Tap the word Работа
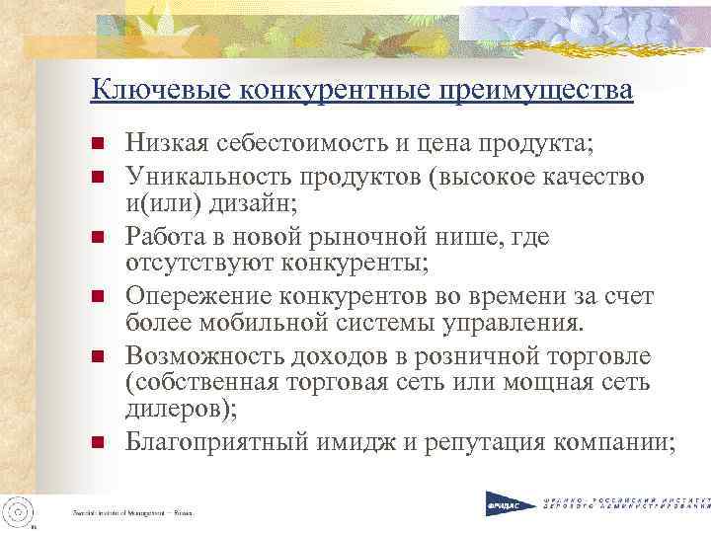point(164,238)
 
